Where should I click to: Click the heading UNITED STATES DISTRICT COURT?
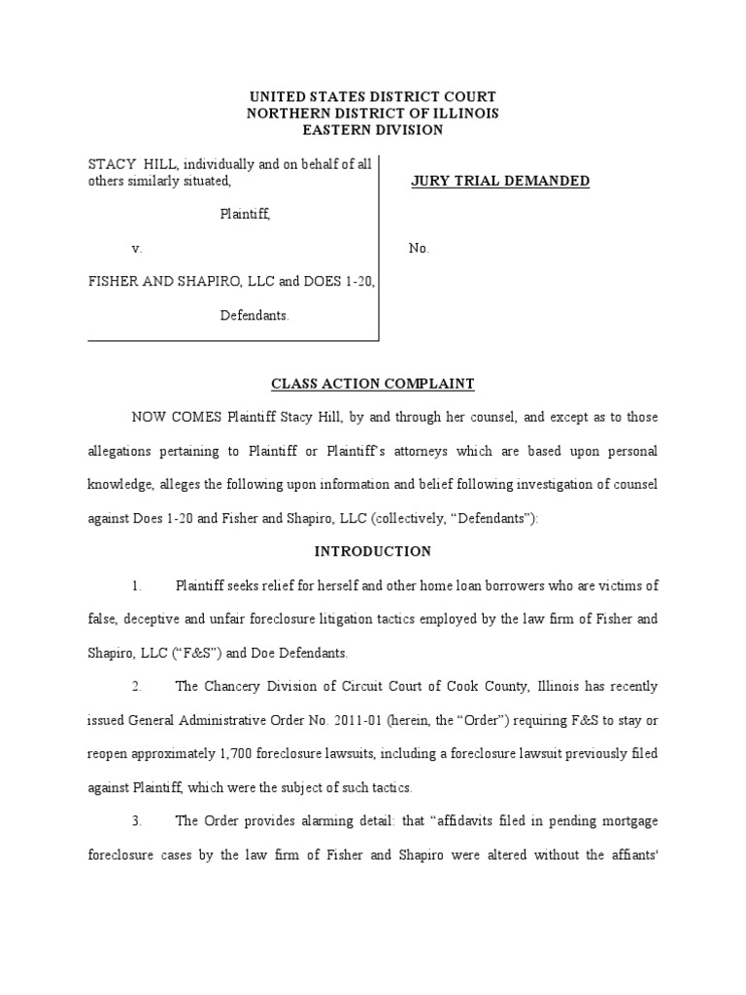(373, 96)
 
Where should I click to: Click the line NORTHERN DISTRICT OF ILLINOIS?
(373, 113)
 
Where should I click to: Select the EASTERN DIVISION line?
(373, 129)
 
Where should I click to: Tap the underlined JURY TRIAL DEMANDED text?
(500, 181)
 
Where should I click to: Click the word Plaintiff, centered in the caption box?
(244, 215)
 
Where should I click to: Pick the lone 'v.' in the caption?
(137, 248)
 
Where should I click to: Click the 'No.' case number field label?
(419, 248)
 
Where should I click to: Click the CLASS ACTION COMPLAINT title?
(373, 384)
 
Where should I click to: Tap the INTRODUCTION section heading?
(373, 551)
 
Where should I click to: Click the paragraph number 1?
(137, 585)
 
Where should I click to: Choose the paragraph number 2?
(137, 686)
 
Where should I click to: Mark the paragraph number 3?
(137, 821)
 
